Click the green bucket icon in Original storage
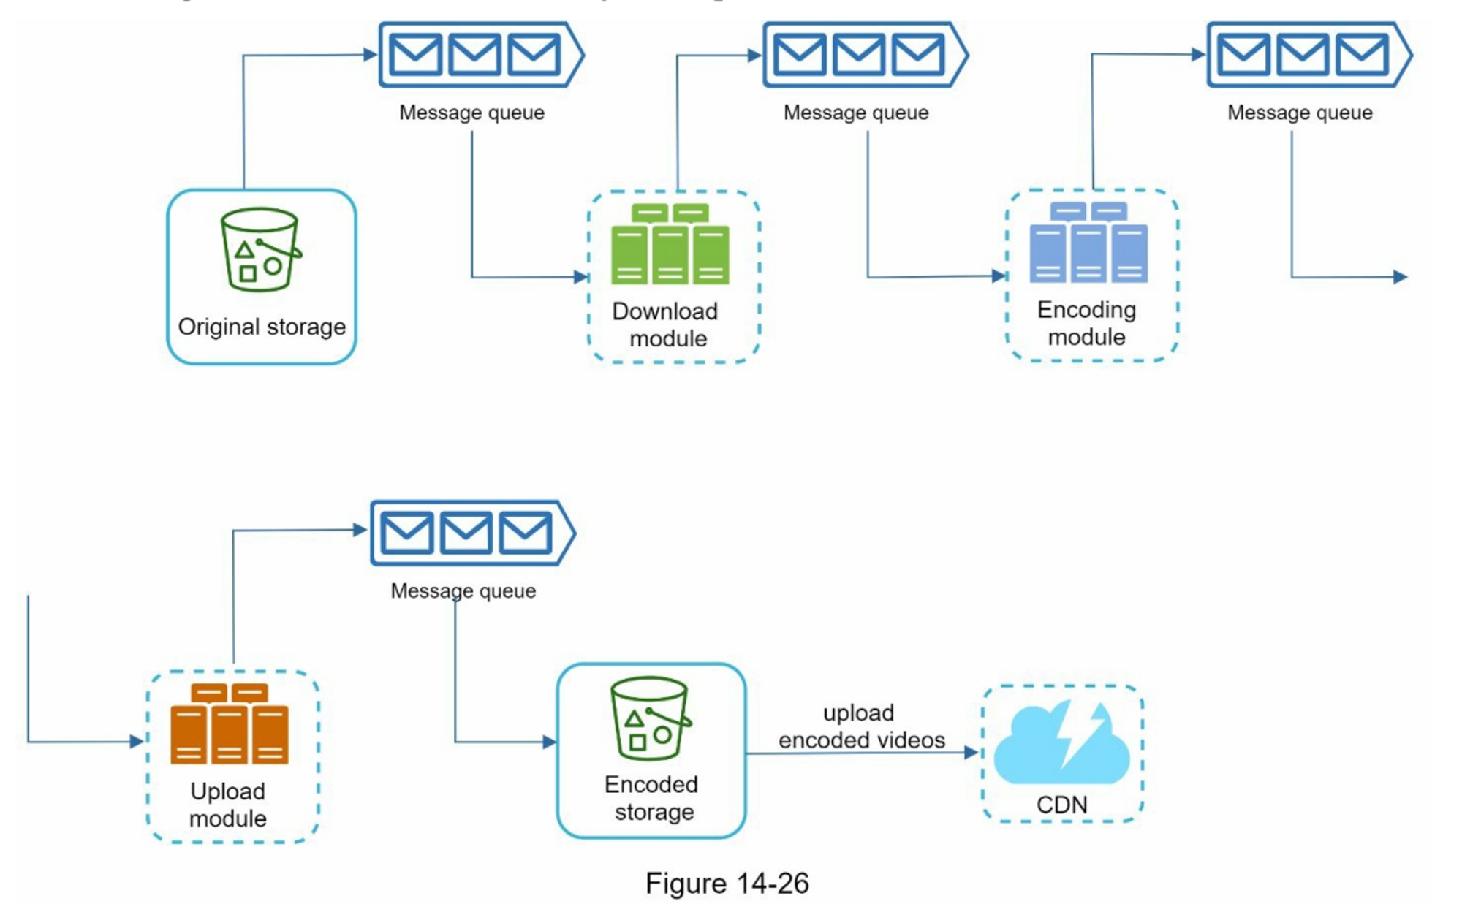pos(260,249)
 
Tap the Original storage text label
pos(262,327)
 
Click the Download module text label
pos(666,324)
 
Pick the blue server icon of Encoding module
pos(1088,243)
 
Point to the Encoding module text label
pos(1086,323)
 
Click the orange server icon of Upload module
pos(229,723)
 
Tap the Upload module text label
pos(228,805)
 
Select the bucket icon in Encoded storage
pos(650,719)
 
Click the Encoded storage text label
pos(652,798)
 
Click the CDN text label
pos(1061,805)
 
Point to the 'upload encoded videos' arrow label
pos(861,726)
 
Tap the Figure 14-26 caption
pos(727,883)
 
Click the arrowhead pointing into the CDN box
pos(971,752)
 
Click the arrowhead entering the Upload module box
pos(137,742)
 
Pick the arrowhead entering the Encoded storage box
pos(549,742)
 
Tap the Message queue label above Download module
pos(471,113)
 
